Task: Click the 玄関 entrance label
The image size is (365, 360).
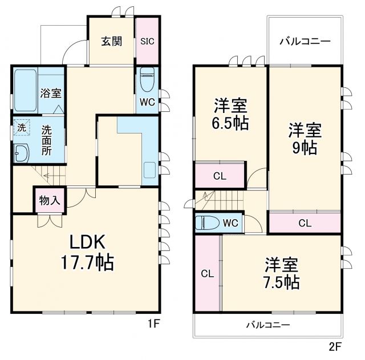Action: pos(111,42)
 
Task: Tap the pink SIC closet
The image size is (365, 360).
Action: pos(147,42)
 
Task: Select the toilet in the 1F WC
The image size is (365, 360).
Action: pos(147,79)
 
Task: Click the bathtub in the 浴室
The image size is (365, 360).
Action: pos(25,91)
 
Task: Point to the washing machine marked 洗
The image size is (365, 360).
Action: pos(21,128)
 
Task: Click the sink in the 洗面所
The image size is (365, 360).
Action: pos(21,153)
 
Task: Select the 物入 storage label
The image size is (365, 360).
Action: pos(50,200)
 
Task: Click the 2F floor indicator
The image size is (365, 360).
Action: pos(335,345)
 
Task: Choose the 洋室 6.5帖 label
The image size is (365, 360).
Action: pos(231,115)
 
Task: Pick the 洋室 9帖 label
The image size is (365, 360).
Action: pos(304,139)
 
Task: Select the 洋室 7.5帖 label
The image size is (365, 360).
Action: pos(281,273)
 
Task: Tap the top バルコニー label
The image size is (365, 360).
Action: pos(305,42)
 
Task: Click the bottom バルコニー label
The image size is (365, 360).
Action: pos(268,325)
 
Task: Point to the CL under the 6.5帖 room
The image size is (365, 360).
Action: pos(220,176)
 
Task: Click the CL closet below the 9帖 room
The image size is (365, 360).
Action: pos(305,223)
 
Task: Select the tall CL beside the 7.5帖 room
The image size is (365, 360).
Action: pos(207,273)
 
